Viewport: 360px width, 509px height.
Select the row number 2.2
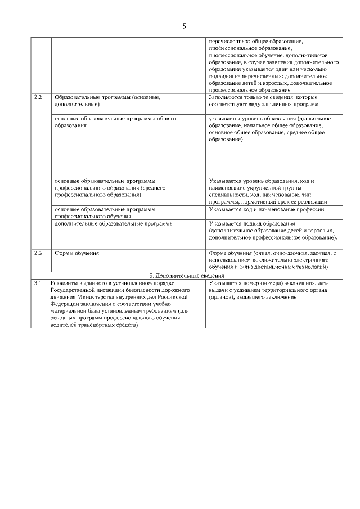tap(38, 97)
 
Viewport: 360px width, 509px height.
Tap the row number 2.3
tap(38, 253)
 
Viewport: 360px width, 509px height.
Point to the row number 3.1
tap(38, 283)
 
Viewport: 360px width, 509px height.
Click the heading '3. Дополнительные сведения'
tap(187, 276)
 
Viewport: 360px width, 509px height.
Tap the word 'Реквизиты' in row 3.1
tap(63, 283)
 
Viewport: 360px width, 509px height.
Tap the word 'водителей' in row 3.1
tap(63, 325)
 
